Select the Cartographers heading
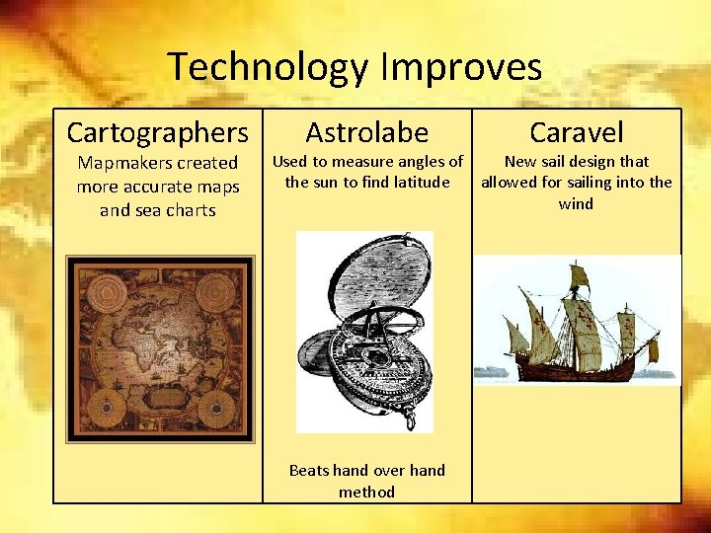pos(157,131)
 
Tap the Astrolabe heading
pos(366,131)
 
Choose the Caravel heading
pos(577,131)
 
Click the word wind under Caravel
pos(576,203)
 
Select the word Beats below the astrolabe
pos(308,470)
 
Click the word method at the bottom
pos(366,492)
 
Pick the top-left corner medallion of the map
pos(103,293)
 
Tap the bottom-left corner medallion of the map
pos(103,407)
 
